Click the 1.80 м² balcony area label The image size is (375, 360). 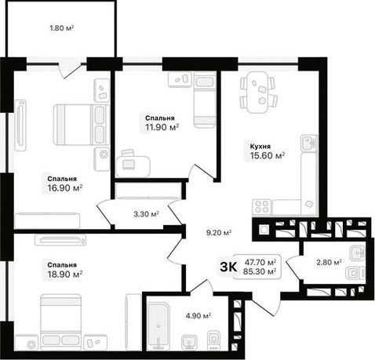[x=62, y=27]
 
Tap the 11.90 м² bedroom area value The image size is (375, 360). [x=162, y=127]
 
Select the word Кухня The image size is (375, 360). [x=260, y=146]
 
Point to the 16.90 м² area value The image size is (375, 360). [x=65, y=187]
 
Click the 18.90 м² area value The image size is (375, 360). [x=65, y=275]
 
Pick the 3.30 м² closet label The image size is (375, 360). [x=146, y=214]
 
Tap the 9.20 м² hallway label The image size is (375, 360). [x=219, y=232]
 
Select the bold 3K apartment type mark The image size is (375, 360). [x=228, y=267]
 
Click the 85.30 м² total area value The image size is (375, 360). [x=260, y=271]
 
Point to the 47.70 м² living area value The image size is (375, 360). [x=260, y=262]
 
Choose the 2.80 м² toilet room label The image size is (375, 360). [x=329, y=262]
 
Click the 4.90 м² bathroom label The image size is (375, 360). [x=198, y=316]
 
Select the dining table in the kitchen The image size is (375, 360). [x=258, y=92]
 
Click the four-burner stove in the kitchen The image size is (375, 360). [x=262, y=207]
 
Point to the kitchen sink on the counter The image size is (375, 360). [x=309, y=143]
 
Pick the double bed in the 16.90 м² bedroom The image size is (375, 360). [x=81, y=125]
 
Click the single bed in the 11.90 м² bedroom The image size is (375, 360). [x=205, y=100]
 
